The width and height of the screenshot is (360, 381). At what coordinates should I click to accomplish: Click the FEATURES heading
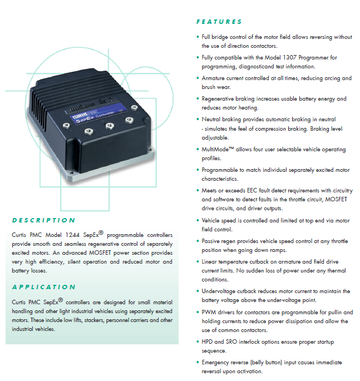click(x=219, y=22)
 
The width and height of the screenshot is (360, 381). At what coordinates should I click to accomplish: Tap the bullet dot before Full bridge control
click(x=198, y=37)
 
